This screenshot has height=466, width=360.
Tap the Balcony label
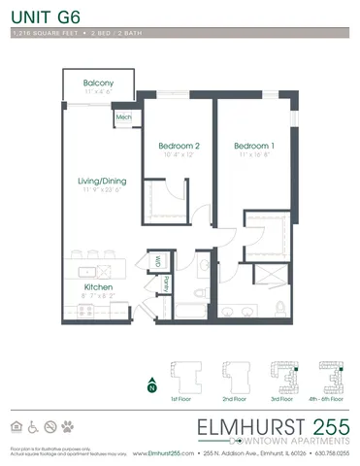pos(98,83)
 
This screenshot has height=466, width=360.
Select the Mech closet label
pos(124,117)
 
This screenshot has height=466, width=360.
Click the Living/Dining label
pos(103,182)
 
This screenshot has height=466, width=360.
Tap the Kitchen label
pos(99,287)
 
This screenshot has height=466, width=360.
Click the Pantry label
pos(166,283)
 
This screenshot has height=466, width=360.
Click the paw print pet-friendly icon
pos(67,426)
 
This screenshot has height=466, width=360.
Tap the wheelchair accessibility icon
pos(34,426)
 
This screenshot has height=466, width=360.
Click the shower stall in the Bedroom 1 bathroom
pos(268,274)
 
